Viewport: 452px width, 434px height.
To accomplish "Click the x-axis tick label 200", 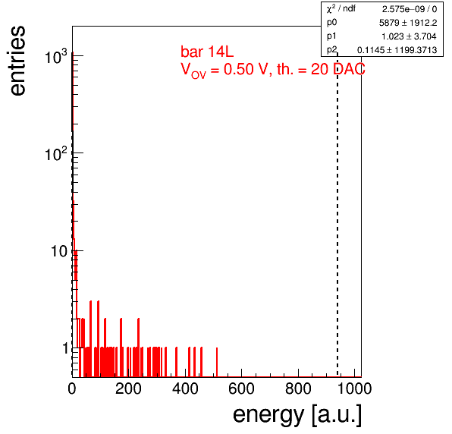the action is coord(128,388).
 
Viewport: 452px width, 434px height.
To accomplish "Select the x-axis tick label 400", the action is coord(185,388).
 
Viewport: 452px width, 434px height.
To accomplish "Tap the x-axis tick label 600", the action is coord(242,388).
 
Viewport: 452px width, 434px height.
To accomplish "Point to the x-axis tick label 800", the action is coord(298,388).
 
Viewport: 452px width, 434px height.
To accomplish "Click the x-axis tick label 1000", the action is coord(354,388).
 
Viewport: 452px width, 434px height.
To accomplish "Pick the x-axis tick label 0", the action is coord(72,388).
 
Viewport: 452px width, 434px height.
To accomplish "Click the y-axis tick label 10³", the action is coord(56,56).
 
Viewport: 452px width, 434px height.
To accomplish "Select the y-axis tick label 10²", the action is coord(56,154).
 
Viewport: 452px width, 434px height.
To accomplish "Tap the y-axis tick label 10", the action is coord(59,251).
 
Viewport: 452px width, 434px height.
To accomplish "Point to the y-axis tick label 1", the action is coord(65,348).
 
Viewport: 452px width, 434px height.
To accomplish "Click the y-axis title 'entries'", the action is coord(18,61).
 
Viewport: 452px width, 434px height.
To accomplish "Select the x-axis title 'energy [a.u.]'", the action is coord(297,415).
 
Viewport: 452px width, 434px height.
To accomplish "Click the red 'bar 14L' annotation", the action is coord(207,52).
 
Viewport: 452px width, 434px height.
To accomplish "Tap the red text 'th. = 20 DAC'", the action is coord(321,69).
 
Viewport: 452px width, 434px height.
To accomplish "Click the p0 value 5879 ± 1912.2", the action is coord(408,23).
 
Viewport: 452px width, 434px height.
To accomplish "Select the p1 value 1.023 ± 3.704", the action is coord(409,36).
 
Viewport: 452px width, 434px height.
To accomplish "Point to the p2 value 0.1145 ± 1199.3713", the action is coord(397,50).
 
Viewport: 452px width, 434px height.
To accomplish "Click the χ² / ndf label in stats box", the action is coord(341,8).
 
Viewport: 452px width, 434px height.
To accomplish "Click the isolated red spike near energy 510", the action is coord(217,362).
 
